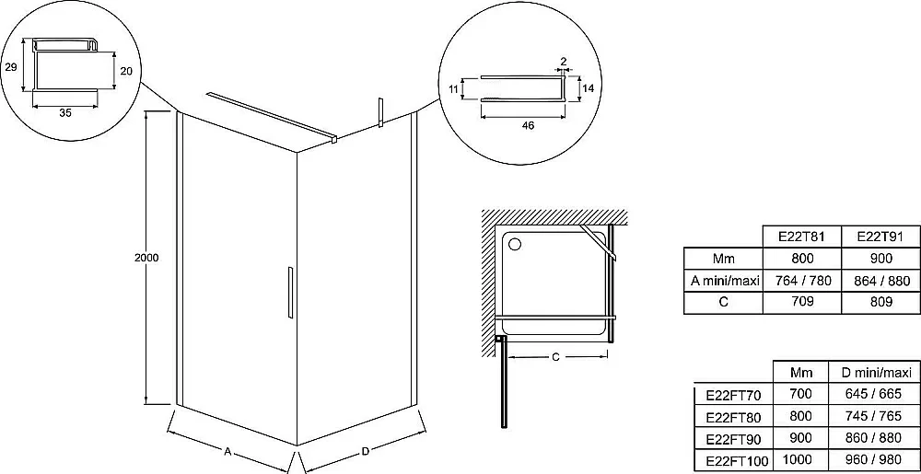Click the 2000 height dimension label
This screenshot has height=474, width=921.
click(146, 258)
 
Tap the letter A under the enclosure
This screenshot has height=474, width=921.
click(227, 451)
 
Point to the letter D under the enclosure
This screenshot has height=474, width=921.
click(366, 451)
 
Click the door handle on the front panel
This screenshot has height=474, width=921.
click(290, 293)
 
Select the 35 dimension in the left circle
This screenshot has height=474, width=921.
click(64, 112)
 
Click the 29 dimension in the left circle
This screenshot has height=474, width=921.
click(10, 67)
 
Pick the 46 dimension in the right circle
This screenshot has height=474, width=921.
click(528, 125)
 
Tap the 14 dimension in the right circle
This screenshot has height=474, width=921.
click(588, 88)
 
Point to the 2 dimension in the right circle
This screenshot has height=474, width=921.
click(564, 61)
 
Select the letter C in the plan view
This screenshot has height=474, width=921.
click(555, 358)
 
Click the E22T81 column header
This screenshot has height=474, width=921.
click(802, 237)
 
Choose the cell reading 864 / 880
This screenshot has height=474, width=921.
click(880, 281)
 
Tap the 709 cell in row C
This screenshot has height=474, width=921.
click(802, 302)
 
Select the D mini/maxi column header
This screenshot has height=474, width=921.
click(876, 373)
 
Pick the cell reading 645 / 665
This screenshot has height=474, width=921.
click(873, 394)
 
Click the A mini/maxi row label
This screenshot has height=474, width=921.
click(725, 281)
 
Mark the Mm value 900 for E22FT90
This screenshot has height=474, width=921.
click(801, 437)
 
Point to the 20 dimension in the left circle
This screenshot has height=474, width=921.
click(125, 71)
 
